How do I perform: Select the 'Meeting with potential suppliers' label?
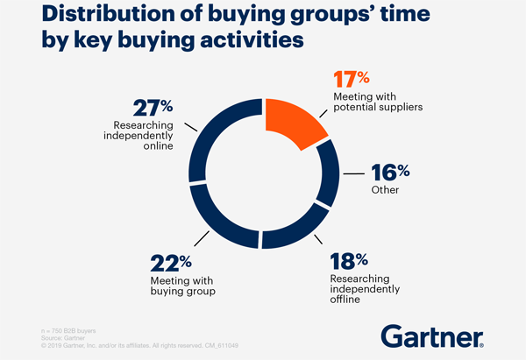378,102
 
